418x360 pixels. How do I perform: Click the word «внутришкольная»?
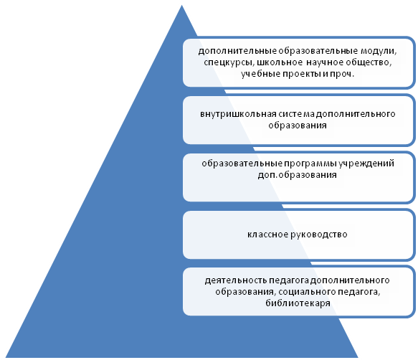click(x=238, y=114)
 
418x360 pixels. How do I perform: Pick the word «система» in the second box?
click(x=296, y=114)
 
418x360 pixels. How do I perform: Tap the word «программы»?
click(x=310, y=164)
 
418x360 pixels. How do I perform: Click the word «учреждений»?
click(x=366, y=164)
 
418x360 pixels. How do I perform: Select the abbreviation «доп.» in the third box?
click(x=267, y=175)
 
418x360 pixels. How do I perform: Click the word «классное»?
click(x=267, y=235)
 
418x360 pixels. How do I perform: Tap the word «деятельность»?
click(x=236, y=280)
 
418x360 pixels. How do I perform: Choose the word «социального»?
click(x=307, y=292)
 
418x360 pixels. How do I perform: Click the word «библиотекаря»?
click(x=298, y=303)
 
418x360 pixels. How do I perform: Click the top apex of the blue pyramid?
click(x=182, y=5)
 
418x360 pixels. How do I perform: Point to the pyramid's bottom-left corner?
click(x=6, y=357)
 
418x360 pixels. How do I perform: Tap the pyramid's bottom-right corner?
click(x=358, y=357)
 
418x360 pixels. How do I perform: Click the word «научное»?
click(x=324, y=62)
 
